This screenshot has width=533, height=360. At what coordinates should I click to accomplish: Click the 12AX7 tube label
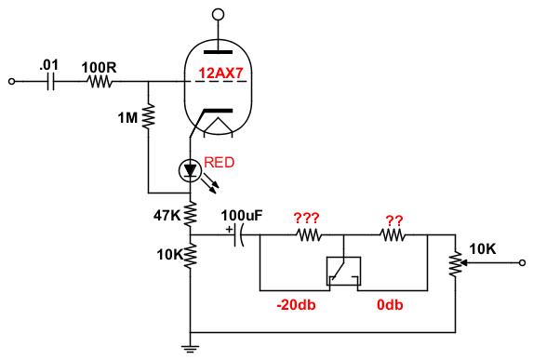221,73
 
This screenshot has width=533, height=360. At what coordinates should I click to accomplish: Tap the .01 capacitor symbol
50,82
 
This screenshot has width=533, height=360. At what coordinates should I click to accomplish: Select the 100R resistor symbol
99,82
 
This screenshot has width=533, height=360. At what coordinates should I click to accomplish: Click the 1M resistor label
127,118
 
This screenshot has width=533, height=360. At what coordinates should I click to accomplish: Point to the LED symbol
190,171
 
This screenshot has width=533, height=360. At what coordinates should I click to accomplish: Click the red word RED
220,163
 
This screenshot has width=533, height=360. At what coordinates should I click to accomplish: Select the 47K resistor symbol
191,214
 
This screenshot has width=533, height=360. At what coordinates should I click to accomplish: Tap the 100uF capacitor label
242,216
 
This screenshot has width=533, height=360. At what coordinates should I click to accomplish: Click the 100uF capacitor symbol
239,235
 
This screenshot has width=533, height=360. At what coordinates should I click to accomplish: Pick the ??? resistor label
307,219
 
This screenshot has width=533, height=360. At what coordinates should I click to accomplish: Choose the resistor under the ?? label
393,235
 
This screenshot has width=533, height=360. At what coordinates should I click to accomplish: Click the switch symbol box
343,271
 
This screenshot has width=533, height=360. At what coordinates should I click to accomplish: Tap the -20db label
296,304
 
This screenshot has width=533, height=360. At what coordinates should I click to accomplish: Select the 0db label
390,304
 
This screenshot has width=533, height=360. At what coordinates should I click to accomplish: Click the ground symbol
191,348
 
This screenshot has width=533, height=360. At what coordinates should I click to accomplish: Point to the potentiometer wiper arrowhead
466,262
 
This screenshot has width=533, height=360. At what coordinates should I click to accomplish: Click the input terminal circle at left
11,82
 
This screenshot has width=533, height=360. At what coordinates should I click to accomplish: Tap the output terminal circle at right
523,262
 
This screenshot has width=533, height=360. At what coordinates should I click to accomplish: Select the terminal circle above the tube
218,15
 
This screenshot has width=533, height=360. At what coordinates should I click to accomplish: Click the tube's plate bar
218,52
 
